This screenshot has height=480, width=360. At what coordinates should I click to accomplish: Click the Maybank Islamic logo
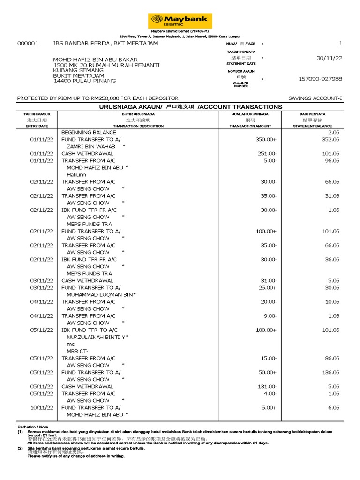[180, 21]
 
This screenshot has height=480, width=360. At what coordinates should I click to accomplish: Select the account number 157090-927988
[320, 79]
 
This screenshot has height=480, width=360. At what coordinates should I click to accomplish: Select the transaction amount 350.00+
[267, 140]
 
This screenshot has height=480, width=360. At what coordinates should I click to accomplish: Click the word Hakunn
[76, 175]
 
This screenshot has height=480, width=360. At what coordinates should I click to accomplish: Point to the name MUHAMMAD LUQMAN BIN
[100, 294]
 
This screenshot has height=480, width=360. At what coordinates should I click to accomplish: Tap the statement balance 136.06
[330, 372]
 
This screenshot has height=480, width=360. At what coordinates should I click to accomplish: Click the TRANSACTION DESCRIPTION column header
[138, 126]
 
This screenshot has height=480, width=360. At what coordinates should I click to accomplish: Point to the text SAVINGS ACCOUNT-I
[315, 98]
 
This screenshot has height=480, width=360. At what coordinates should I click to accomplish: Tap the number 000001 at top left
[28, 43]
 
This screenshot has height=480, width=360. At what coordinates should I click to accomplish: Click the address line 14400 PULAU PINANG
[84, 81]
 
